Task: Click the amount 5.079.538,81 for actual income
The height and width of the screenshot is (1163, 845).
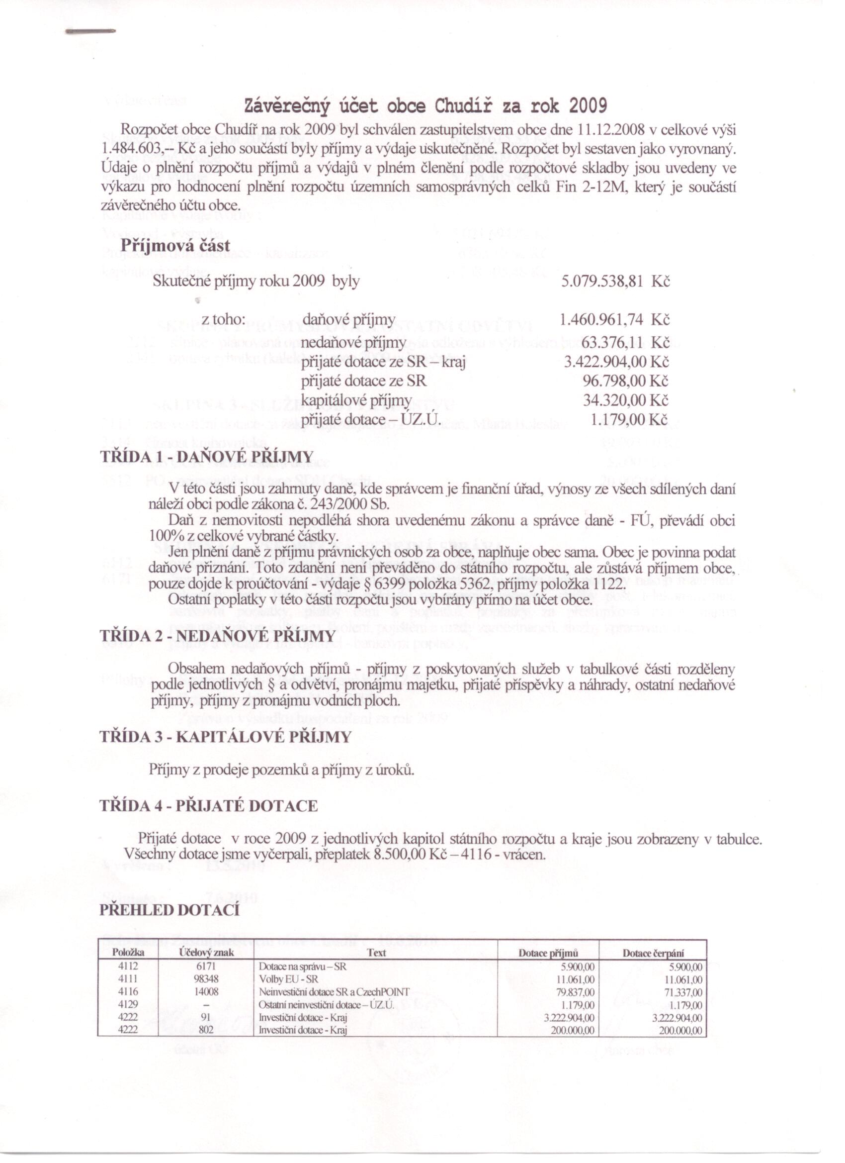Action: (x=602, y=282)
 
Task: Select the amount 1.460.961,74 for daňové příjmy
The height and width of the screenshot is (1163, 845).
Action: (x=601, y=320)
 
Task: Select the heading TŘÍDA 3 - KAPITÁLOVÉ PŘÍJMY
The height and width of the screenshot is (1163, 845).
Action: (x=226, y=737)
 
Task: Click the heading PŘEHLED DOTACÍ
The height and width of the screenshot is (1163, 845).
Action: (x=169, y=910)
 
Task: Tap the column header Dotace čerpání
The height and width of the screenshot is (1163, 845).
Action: (x=653, y=953)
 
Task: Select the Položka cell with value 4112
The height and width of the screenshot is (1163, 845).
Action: (x=128, y=966)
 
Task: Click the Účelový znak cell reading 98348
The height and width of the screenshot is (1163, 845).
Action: (x=206, y=978)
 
